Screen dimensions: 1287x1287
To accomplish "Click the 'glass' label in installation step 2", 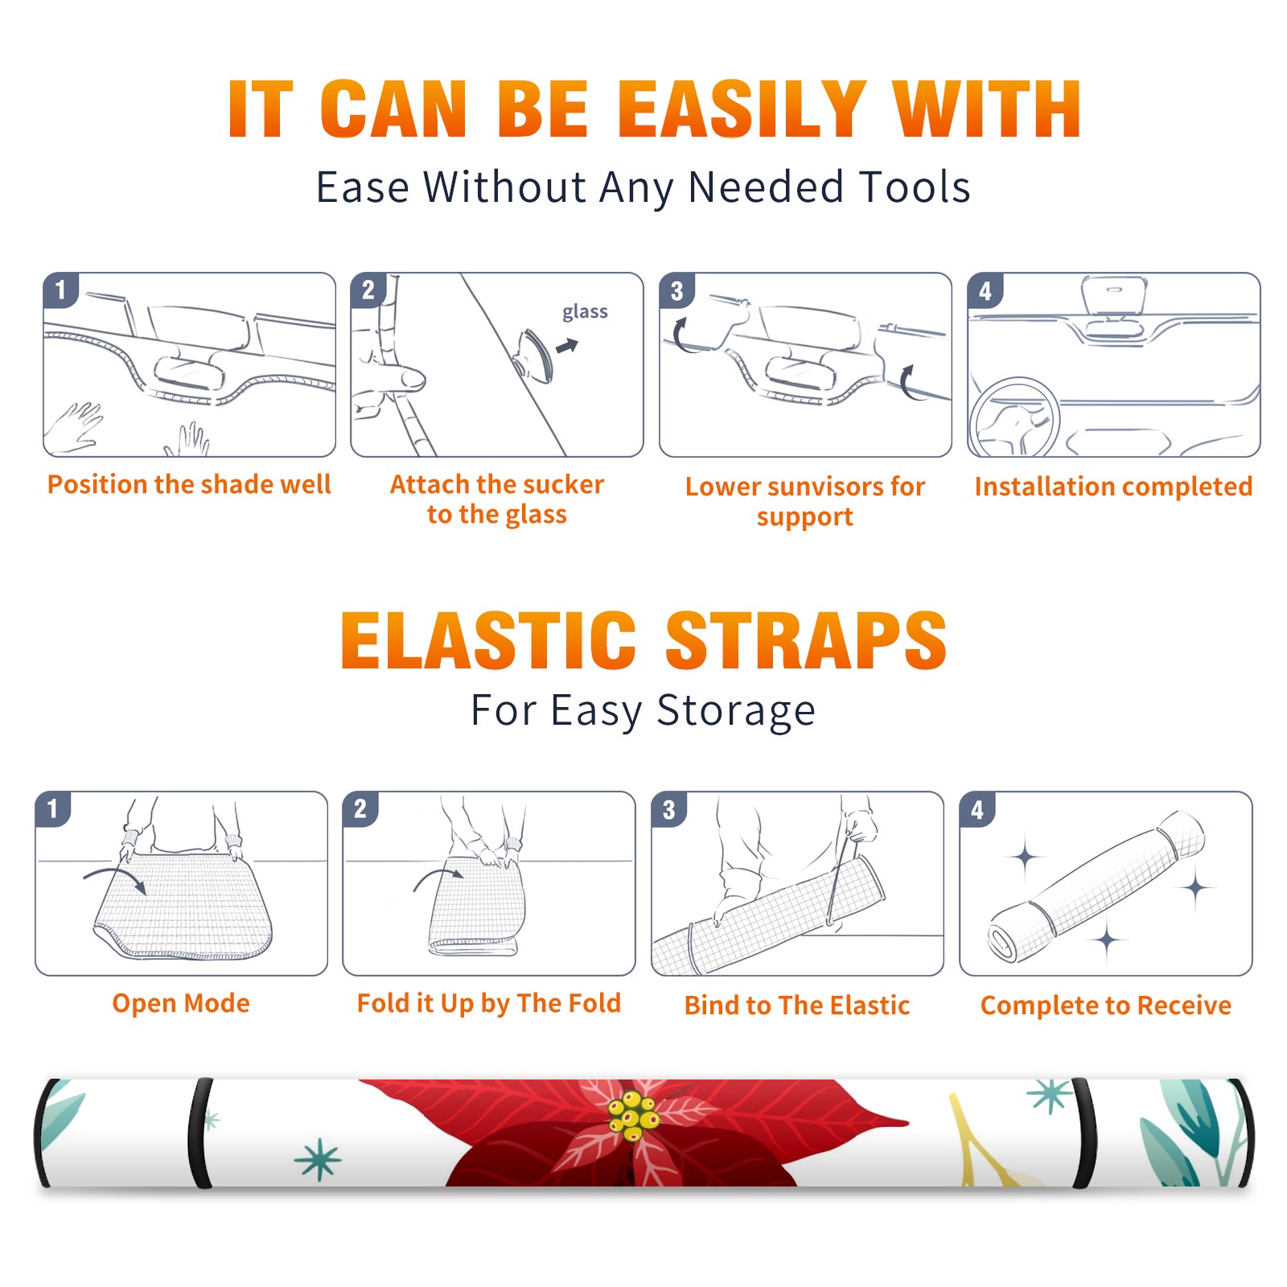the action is pos(585,312).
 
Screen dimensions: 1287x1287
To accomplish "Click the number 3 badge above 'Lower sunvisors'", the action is pos(677,290).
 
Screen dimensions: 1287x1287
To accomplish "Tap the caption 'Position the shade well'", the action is pos(189,484).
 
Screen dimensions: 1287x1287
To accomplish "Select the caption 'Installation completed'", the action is pos(1113,486).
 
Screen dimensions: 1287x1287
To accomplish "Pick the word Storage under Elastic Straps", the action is pos(736,711).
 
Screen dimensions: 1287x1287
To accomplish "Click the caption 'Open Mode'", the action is pos(181,1003).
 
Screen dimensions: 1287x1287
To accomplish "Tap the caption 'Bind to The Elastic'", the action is pos(797,1005).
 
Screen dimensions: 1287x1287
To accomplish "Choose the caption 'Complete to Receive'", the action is pos(1106,1005).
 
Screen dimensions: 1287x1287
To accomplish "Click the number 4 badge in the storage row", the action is pos(977,809).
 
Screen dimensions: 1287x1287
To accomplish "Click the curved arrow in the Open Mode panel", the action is pos(115,874).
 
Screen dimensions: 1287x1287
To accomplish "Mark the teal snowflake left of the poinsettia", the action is pos(318,1159).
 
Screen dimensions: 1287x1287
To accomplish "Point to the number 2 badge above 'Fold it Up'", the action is pos(360,809).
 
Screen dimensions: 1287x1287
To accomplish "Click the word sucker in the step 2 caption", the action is pos(562,484).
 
